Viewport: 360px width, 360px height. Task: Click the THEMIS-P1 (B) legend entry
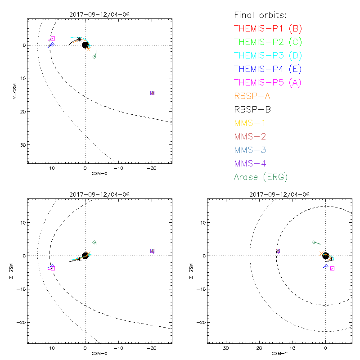click(268, 29)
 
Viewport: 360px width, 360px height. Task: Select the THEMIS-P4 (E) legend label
click(268, 69)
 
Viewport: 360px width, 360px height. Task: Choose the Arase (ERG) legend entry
click(261, 177)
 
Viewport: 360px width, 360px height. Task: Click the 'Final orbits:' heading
click(263, 15)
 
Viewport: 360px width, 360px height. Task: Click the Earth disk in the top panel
click(85, 45)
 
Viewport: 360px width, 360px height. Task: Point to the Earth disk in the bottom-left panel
click(85, 256)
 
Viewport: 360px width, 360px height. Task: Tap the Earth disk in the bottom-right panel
click(325, 256)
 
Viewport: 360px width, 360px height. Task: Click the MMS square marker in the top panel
click(152, 93)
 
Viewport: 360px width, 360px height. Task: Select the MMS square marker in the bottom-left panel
click(152, 251)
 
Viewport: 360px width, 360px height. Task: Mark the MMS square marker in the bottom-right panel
click(278, 251)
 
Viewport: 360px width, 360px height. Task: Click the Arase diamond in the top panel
click(94, 57)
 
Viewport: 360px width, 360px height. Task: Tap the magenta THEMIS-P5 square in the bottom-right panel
click(332, 268)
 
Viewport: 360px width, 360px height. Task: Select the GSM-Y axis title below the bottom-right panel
click(278, 354)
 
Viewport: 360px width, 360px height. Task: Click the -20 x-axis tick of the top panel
click(152, 168)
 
